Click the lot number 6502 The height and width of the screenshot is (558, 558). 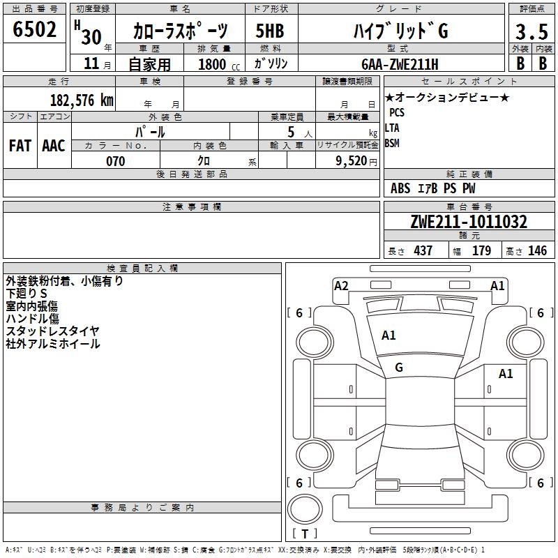[34, 29]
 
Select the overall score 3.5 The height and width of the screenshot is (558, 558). [531, 31]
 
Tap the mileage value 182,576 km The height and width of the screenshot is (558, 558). [82, 100]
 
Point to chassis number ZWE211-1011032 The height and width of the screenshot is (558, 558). [469, 222]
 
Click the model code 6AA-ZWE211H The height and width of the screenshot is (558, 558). [400, 64]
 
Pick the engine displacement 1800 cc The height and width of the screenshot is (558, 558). [219, 64]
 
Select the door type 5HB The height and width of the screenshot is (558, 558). [270, 31]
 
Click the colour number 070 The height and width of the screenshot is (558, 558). [116, 161]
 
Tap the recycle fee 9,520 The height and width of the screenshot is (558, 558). [352, 161]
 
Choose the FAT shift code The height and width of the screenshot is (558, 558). [20, 146]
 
